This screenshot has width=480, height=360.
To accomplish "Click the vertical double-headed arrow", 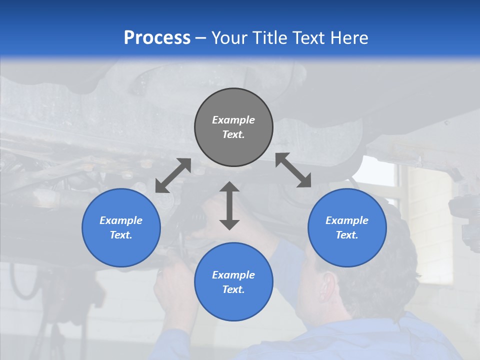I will pos(229,206).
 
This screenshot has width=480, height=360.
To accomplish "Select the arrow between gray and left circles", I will pos(173,175).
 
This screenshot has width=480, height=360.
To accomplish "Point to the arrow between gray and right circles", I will pos(293,170).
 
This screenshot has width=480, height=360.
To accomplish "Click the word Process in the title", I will pos(157,38).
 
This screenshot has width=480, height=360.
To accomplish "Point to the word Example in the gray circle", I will pos(233,120).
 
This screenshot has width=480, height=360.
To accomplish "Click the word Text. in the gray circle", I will pos(233,134).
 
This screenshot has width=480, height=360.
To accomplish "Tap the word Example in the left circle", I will pos(121,220).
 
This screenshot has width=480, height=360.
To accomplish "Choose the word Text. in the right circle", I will pos(347,235).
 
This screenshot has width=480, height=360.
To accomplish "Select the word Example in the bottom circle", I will pos(233,275).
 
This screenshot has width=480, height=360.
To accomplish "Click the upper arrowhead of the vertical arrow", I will pos(229,188).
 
